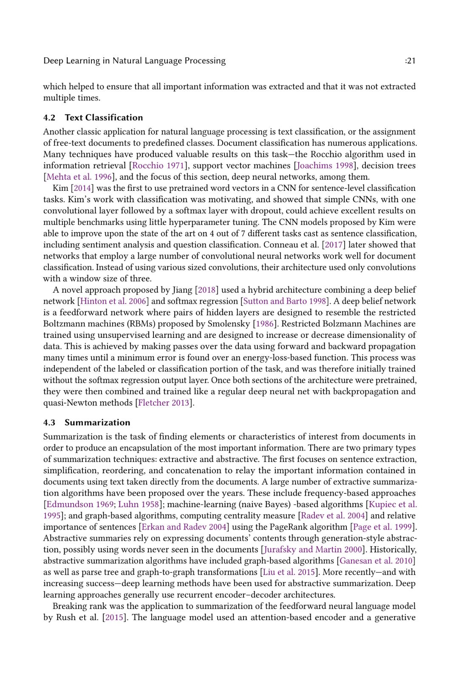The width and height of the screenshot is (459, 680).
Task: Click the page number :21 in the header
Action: pos(410,61)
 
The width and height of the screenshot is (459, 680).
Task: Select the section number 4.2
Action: pos(49,118)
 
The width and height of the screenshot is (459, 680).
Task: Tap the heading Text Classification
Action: pos(104,118)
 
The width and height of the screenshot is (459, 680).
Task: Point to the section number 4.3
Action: pos(49,422)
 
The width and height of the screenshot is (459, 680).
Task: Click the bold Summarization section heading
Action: pos(97,422)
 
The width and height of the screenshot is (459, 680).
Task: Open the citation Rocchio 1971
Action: pos(158,166)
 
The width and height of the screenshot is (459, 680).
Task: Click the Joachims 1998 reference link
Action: pos(325,166)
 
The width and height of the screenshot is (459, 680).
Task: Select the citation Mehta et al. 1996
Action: pos(79,177)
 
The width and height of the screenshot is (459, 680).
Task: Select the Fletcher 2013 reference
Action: pos(164,403)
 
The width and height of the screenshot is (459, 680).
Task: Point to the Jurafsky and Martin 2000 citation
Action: pos(313,550)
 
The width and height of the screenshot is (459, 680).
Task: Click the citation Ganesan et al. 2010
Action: pos(376,561)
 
